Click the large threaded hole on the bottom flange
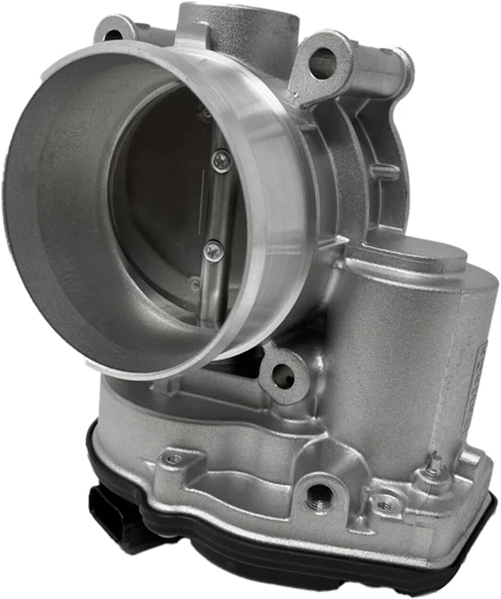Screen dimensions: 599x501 [x=313, y=495]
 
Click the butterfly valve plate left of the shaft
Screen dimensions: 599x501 [x=160, y=198]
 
